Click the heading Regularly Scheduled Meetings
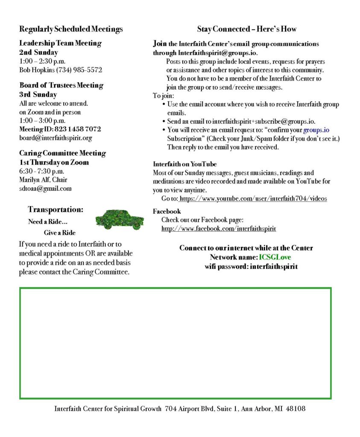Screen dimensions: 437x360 [x=71, y=29]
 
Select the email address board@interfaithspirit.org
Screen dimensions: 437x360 [x=56, y=138]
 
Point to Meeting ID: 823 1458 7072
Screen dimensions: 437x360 [x=60, y=129]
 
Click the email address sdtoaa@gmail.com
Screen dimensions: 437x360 [x=45, y=188]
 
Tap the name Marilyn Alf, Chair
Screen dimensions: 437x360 [x=43, y=180]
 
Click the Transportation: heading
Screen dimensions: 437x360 [x=56, y=210]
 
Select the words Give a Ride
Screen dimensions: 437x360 [x=59, y=233]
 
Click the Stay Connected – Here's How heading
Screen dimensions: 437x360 [x=246, y=29]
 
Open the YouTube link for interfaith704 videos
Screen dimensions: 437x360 [x=253, y=198]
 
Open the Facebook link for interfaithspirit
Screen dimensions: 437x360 [x=219, y=229]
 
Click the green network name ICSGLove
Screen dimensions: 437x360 [x=275, y=257]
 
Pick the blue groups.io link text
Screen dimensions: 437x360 [x=316, y=130]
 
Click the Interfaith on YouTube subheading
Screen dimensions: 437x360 [x=184, y=164]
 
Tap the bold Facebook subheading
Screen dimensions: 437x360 [x=167, y=211]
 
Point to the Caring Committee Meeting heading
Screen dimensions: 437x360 [x=62, y=153]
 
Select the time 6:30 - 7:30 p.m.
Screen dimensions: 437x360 [x=42, y=171]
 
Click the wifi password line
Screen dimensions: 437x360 [x=251, y=267]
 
